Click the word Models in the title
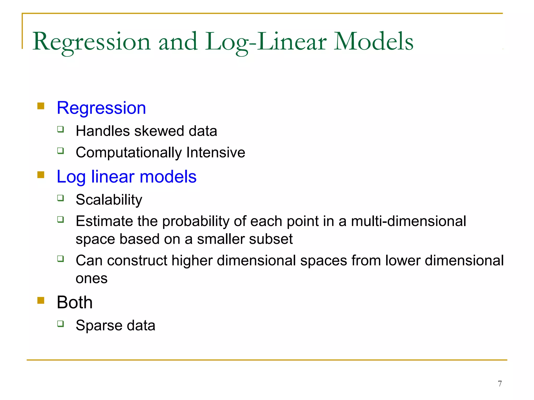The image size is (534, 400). coord(373,42)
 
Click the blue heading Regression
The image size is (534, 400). coord(101,108)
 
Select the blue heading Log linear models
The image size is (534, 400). coord(126,177)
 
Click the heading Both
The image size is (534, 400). coord(75,302)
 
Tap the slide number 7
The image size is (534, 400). coord(500,384)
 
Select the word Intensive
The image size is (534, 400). coord(216,152)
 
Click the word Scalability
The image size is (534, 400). coord(109,200)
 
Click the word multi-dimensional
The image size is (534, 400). coord(408,221)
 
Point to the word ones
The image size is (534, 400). coord(92,279)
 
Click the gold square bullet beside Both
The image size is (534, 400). coord(41,301)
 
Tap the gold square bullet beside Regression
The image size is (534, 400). coord(41,106)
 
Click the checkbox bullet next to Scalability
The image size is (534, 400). coord(60,198)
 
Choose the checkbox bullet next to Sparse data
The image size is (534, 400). coord(60,324)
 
